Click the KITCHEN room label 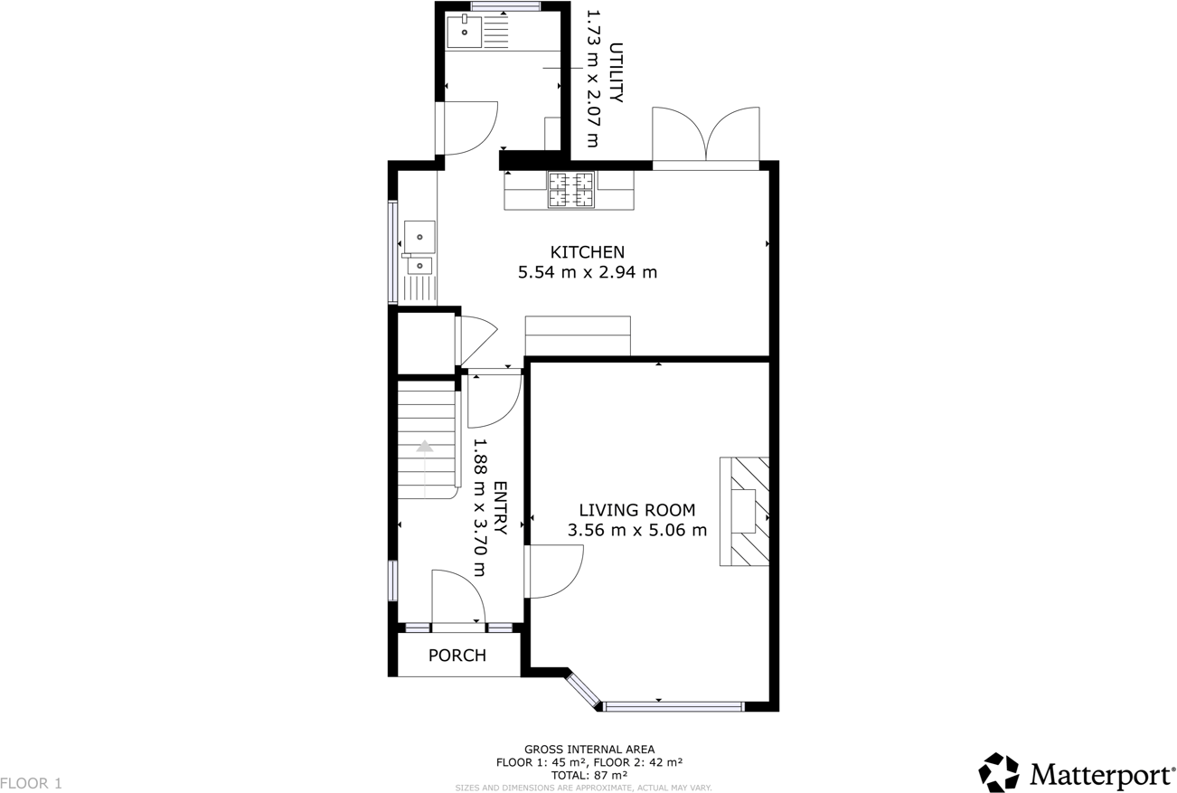[x=587, y=251]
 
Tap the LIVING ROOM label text [x=637, y=510]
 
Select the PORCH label [x=457, y=656]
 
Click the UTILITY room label [x=616, y=72]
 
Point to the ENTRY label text [x=499, y=507]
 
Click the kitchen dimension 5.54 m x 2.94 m [x=587, y=272]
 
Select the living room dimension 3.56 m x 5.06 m [x=637, y=531]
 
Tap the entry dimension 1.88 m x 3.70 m [x=479, y=507]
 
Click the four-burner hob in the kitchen [x=570, y=190]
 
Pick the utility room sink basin [x=465, y=32]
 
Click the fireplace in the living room [x=744, y=512]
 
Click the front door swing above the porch [x=457, y=597]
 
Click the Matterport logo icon [x=998, y=773]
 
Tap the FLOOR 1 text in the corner [x=32, y=783]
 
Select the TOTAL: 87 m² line [x=588, y=775]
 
